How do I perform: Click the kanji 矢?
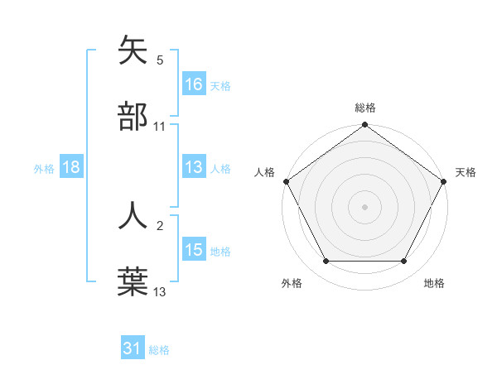[x=133, y=50]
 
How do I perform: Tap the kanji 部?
[x=133, y=117]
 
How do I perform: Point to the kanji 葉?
[x=133, y=281]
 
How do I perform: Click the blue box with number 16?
[x=194, y=84]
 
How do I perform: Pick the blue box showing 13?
[x=194, y=167]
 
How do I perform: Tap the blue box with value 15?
[x=194, y=250]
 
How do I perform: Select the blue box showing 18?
[x=71, y=167]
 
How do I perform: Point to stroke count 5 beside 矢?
[x=160, y=60]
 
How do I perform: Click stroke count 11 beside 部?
[x=160, y=127]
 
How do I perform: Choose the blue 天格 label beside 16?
[x=220, y=85]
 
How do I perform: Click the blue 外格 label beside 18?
[x=44, y=168]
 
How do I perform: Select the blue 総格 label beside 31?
[x=159, y=350]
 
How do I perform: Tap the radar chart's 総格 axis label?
[x=365, y=108]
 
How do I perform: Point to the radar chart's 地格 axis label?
[x=434, y=284]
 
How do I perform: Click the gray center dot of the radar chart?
[x=365, y=206]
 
